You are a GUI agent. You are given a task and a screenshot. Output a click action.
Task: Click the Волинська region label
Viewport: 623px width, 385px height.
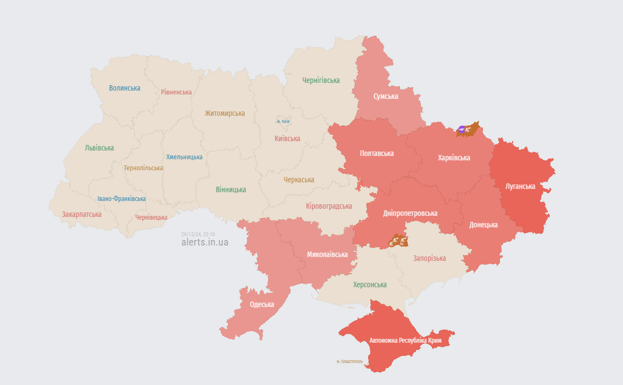(124, 88)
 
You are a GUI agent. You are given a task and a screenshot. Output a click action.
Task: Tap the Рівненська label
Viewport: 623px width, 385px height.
(176, 92)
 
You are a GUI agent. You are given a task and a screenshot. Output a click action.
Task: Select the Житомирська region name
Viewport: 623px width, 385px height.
(225, 113)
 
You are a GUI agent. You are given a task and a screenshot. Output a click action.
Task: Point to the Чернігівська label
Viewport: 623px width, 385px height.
(321, 80)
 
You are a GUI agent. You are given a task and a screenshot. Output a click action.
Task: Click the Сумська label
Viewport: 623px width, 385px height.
(386, 96)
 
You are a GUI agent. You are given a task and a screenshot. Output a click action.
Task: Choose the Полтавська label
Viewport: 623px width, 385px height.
(376, 153)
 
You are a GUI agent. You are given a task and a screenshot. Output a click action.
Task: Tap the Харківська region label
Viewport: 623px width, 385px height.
(454, 158)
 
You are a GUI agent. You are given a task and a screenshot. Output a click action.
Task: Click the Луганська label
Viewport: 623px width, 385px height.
(520, 186)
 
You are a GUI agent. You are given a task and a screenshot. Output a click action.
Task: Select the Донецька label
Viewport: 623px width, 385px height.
(483, 225)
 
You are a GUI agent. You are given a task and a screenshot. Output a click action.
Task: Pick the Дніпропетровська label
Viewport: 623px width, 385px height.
(410, 213)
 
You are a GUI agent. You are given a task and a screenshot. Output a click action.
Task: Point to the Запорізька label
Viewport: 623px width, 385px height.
(430, 258)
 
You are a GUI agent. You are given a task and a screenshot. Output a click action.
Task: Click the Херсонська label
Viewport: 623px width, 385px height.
(369, 284)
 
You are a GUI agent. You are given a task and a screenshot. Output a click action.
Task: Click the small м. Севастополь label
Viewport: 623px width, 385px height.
(349, 361)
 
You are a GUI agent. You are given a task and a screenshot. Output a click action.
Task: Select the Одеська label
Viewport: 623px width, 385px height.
(262, 305)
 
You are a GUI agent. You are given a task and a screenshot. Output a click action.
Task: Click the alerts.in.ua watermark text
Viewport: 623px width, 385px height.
(204, 242)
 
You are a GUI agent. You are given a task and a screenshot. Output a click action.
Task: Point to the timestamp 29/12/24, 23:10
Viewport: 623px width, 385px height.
(198, 234)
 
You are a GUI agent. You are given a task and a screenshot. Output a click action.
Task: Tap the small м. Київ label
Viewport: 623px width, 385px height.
(283, 121)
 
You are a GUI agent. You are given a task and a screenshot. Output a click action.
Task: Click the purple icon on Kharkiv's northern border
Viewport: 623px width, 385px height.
(461, 130)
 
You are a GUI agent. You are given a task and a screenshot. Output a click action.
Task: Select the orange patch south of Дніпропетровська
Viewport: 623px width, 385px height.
(397, 241)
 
